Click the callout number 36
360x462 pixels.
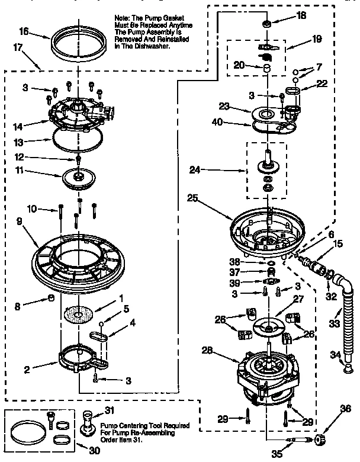click(x=346, y=408)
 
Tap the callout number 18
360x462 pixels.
click(x=301, y=17)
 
